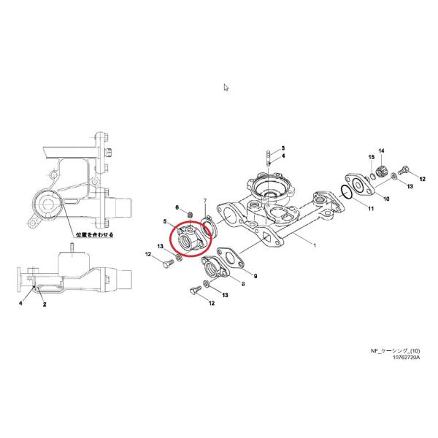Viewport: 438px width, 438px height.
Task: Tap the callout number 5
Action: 166,221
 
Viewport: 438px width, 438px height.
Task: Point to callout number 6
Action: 177,207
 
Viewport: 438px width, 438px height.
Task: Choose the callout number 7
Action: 205,200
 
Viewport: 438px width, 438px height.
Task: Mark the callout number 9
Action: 255,276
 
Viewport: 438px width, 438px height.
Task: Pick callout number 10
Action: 386,199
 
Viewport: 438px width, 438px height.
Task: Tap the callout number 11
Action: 370,210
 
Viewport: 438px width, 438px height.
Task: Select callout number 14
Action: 380,150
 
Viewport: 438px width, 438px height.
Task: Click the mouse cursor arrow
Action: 226,88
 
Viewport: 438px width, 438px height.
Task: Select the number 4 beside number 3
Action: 283,156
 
